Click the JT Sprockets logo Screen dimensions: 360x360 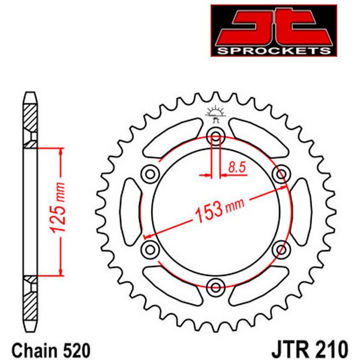click(x=274, y=31)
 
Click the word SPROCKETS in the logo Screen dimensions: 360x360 click(x=274, y=51)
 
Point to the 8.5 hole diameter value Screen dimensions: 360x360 click(x=237, y=167)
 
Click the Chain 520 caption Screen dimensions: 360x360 click(x=51, y=350)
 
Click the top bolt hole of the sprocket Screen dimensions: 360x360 click(x=215, y=137)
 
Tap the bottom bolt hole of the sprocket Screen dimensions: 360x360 click(x=215, y=287)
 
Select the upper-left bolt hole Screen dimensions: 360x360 click(x=150, y=174)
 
